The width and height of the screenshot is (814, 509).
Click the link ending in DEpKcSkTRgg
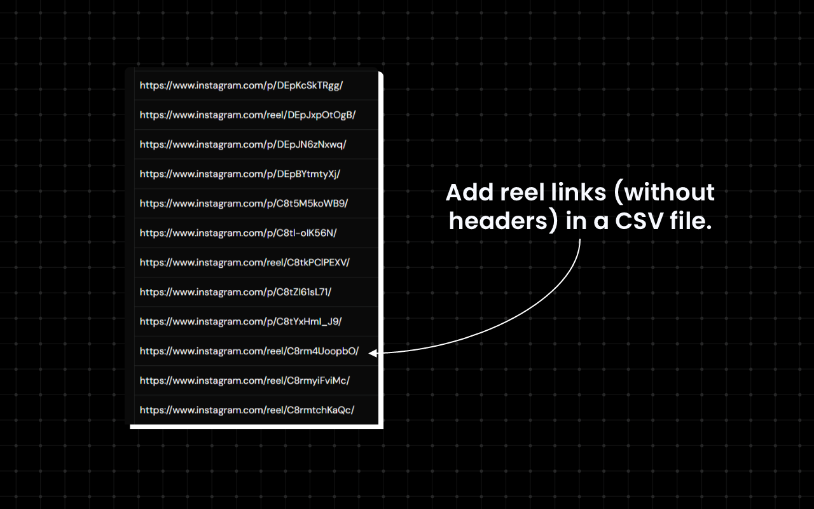coord(241,86)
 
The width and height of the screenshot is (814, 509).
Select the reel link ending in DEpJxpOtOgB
coord(248,115)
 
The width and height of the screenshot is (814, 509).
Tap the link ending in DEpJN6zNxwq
coord(243,144)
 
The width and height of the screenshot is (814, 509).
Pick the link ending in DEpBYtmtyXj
coord(240,174)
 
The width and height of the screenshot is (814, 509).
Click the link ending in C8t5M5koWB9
coord(244,204)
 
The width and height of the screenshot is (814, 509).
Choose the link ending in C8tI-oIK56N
coord(238,233)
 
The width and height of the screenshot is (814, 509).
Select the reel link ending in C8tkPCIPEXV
coord(245,263)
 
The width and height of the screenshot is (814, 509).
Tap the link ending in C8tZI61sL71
coord(235,292)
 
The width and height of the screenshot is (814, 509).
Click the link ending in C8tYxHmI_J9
coord(240,322)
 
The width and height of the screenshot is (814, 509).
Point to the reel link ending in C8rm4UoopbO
coord(249,351)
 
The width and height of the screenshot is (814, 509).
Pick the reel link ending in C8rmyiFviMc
coord(245,380)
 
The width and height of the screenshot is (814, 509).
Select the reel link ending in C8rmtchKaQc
coord(247,410)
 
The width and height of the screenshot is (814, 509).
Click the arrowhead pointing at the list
coord(372,352)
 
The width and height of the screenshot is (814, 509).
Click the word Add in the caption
coord(469,192)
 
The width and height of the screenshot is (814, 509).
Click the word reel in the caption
coord(522,192)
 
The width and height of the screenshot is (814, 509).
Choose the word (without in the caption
coord(664,192)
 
